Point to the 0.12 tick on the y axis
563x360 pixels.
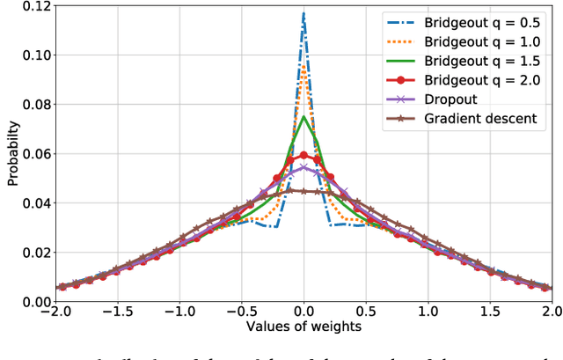(37, 6)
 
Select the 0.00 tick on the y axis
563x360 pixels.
(37, 302)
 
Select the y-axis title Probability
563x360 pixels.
(12, 154)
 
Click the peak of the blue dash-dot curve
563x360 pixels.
(303, 13)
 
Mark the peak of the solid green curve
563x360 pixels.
(303, 116)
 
